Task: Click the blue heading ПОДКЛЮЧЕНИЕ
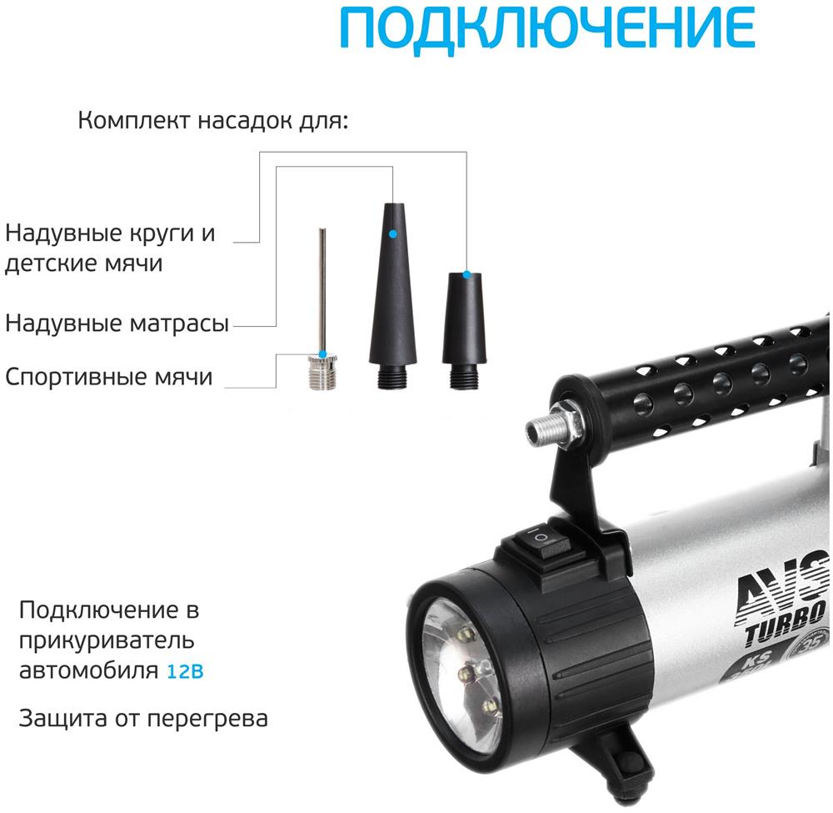click(547, 28)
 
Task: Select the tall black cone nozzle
click(393, 296)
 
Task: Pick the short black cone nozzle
click(464, 331)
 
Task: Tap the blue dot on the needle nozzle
click(322, 354)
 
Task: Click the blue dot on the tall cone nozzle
click(392, 233)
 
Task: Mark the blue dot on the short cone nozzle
click(466, 274)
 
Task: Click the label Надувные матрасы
click(117, 323)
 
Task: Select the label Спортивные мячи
click(109, 376)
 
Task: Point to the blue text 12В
click(185, 671)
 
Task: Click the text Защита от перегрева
click(143, 719)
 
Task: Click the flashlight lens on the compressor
click(461, 675)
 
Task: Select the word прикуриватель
click(107, 640)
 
